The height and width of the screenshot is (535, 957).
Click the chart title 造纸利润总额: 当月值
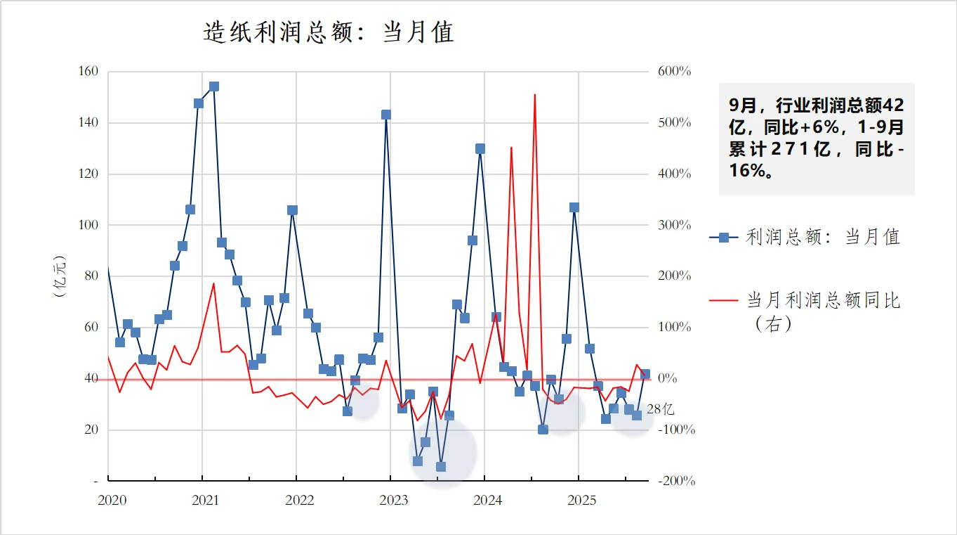tap(329, 32)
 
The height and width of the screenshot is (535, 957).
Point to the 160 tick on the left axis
tap(88, 72)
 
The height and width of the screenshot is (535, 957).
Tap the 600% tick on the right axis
tap(674, 72)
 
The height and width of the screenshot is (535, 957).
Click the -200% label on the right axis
tap(676, 482)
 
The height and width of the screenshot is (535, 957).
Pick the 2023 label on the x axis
tap(393, 501)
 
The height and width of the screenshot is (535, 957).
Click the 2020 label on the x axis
tap(112, 501)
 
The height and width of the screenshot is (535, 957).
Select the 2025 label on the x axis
tap(581, 501)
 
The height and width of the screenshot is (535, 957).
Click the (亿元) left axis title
tap(60, 276)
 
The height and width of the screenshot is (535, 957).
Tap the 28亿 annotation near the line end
tap(660, 409)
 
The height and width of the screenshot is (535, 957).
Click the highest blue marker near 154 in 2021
tap(214, 86)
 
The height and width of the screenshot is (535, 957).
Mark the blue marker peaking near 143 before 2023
tap(386, 115)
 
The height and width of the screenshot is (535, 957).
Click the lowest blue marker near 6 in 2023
tap(441, 466)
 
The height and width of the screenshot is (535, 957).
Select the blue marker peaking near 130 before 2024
tap(480, 148)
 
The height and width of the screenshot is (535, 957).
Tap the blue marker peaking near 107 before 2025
tap(574, 207)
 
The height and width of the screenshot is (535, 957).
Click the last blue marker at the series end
tap(645, 375)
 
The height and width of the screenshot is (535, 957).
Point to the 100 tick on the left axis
tap(88, 225)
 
